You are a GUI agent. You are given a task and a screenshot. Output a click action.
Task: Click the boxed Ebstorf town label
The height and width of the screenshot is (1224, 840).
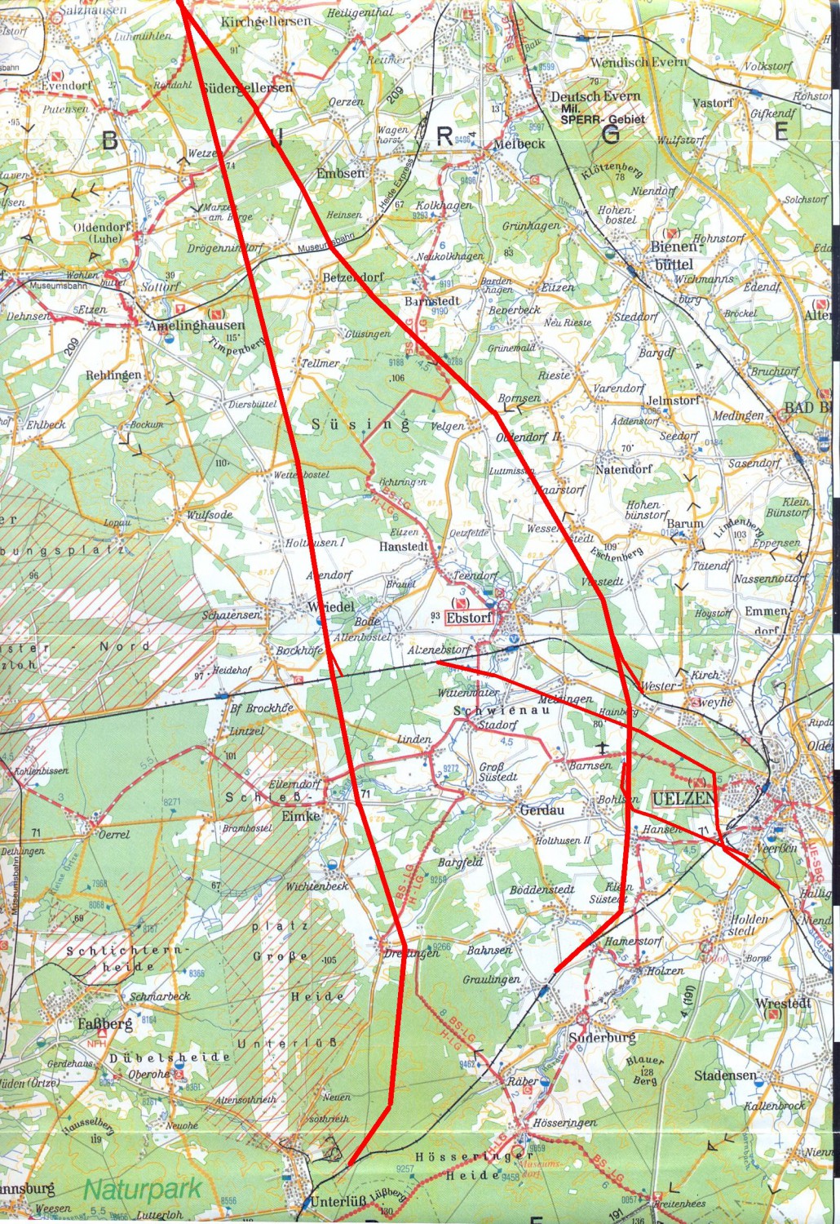tap(469, 618)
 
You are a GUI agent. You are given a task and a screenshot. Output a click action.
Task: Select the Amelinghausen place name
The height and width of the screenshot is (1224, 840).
tap(197, 325)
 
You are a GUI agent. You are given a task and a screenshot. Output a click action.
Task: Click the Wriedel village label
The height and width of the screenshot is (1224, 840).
tap(331, 607)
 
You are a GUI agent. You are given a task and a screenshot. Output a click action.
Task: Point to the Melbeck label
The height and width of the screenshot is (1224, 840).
tap(519, 144)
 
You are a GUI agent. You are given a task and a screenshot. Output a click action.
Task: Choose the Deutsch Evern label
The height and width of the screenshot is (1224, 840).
tap(595, 96)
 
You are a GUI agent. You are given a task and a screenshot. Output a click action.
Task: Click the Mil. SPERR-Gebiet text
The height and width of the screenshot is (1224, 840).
tap(602, 118)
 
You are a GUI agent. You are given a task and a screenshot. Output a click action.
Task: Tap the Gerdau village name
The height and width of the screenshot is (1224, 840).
tap(542, 810)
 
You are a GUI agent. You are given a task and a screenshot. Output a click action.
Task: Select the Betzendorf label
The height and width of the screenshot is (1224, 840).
tap(352, 277)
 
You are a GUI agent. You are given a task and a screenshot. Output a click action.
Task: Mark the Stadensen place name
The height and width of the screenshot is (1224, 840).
tap(726, 1075)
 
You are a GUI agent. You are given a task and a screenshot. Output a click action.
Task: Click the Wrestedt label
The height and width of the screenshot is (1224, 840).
tap(783, 1003)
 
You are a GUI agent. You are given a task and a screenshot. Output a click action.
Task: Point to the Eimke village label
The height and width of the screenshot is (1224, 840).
tap(300, 815)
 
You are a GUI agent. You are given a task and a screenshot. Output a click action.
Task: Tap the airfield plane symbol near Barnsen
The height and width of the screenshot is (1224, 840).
tap(603, 748)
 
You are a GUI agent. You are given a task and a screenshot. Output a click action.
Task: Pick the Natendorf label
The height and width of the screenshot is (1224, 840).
tap(624, 470)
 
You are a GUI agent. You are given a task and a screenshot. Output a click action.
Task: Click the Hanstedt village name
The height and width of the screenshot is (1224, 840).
tap(404, 546)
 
